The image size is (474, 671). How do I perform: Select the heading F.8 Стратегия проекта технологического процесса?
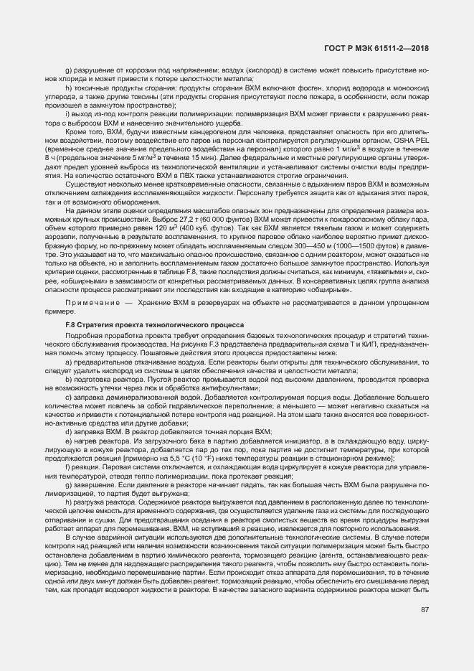pyautogui.click(x=154, y=324)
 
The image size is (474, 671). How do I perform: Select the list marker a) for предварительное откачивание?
pyautogui.click(x=67, y=362)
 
